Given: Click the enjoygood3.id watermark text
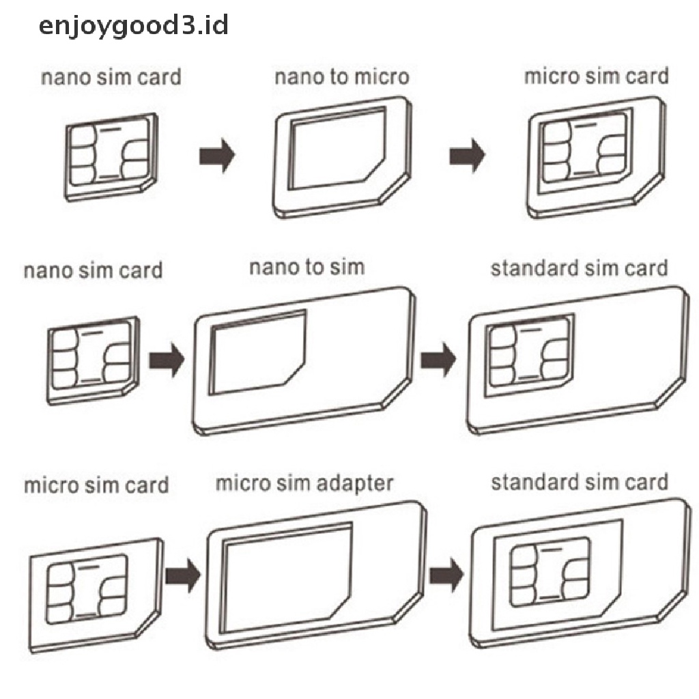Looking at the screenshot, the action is point(134,26).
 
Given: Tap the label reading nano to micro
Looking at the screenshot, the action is point(342,76).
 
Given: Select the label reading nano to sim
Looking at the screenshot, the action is point(307,267).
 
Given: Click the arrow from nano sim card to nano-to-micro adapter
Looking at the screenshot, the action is point(216,156).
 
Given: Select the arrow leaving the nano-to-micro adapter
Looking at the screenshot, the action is point(467,156).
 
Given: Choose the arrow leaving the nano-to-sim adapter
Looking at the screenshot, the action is point(438,359).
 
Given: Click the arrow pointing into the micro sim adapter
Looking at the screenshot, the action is point(183,575).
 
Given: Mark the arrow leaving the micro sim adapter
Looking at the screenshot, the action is point(446,575).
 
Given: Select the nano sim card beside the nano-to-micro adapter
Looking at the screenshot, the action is point(111,157).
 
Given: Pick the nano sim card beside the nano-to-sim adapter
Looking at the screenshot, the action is point(93,360).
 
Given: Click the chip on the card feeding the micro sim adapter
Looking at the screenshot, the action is point(87,588).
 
